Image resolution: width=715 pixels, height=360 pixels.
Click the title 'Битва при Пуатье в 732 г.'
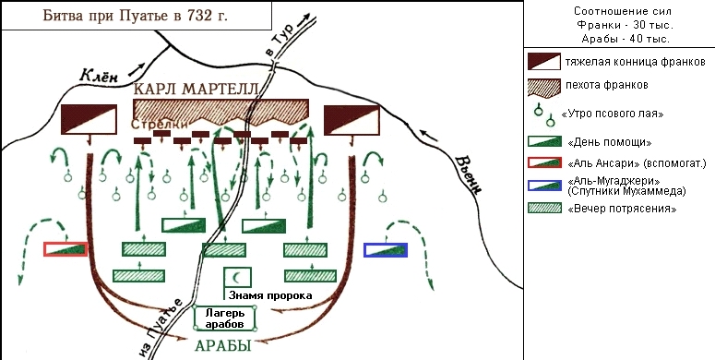point(137,17)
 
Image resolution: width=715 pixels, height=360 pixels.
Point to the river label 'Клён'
point(100,77)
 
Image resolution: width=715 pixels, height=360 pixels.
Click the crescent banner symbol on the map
point(239,276)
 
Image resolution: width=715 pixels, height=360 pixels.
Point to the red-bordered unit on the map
point(66,248)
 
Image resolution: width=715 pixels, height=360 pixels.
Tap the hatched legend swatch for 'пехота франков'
point(545,84)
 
